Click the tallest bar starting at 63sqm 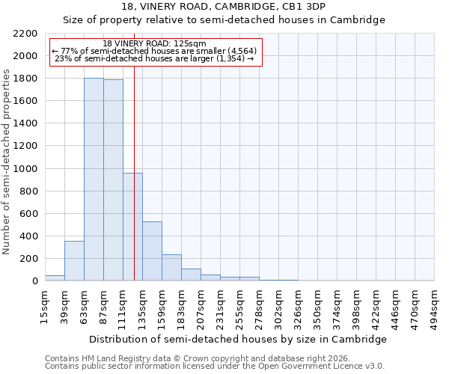(94, 180)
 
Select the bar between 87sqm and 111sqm (113, 180)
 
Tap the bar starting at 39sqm (74, 261)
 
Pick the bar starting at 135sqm (152, 251)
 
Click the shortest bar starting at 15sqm (55, 278)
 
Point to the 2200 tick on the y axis (25, 34)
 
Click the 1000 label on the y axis (25, 169)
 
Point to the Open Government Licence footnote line (215, 367)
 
